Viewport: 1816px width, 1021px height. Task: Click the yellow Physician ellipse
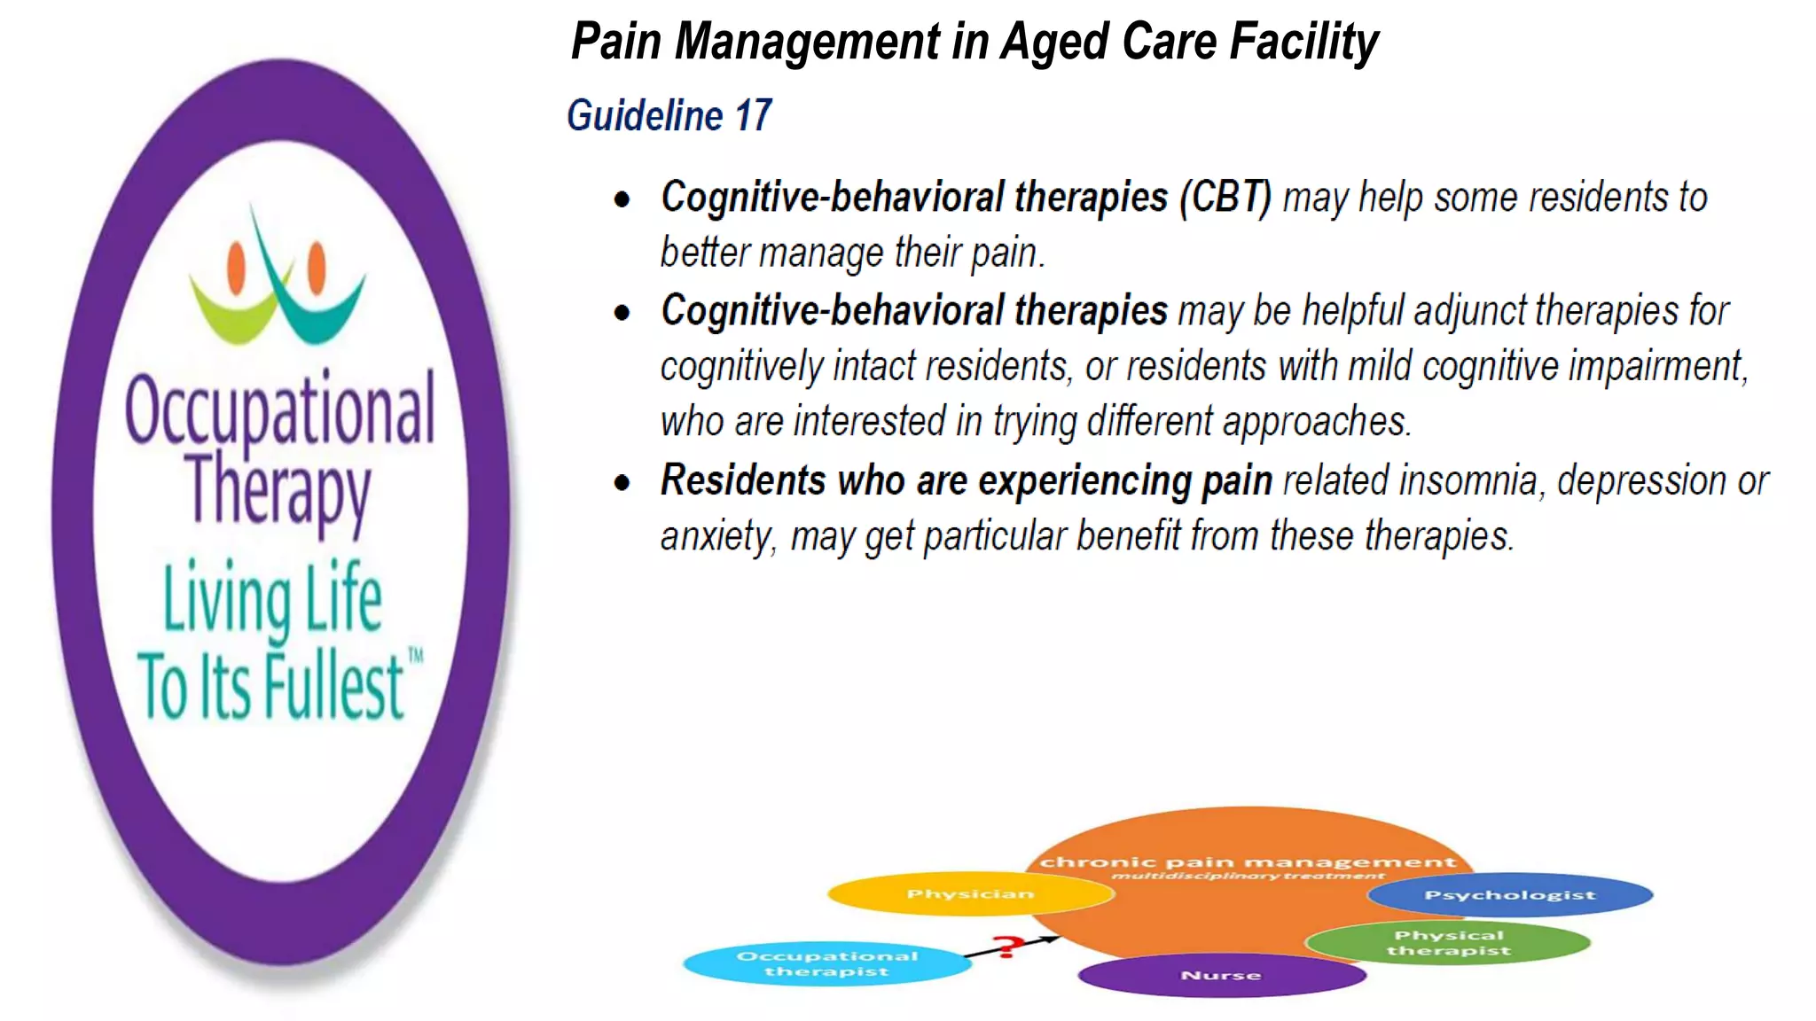970,893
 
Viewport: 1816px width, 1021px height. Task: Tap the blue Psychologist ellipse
1510,895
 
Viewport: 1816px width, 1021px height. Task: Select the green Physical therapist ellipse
1449,943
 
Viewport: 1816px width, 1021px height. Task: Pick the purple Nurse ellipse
1221,975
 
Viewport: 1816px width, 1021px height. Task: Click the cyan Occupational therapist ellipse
826,963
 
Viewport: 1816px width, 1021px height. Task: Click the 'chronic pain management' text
1248,861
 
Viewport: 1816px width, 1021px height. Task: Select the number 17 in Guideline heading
753,116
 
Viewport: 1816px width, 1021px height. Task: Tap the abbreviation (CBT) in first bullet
1225,198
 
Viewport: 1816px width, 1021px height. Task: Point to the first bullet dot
622,199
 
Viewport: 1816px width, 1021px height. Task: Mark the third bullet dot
622,483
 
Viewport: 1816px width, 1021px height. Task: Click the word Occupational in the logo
280,410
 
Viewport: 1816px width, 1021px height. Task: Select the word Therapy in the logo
278,489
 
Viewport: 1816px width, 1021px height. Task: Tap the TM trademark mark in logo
415,657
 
